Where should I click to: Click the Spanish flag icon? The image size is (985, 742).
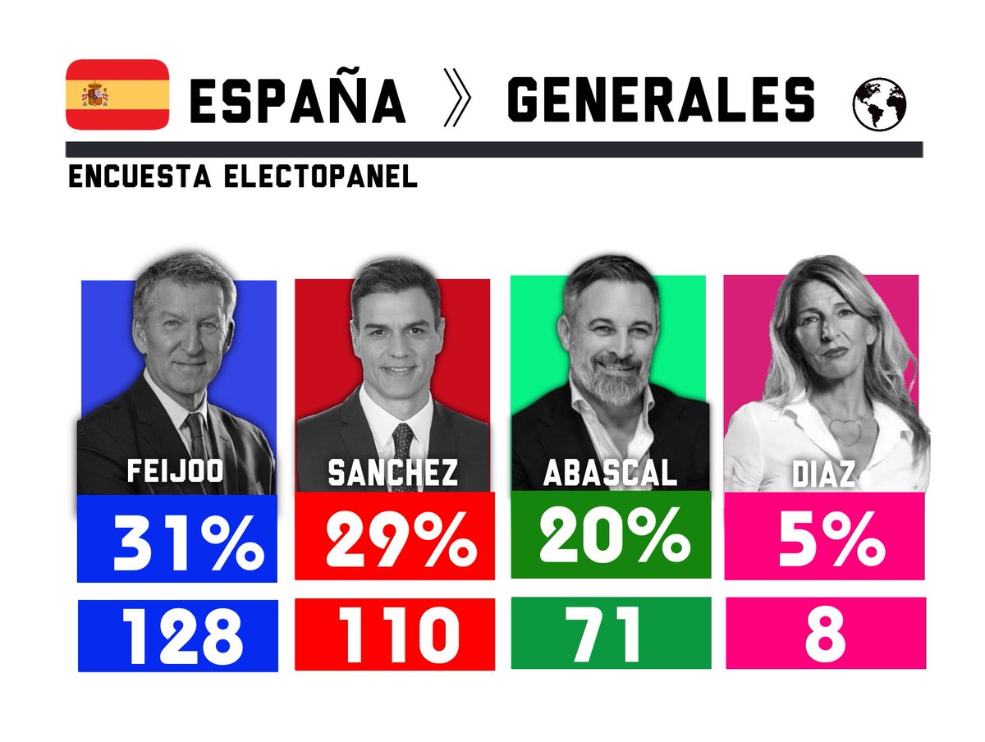[x=117, y=94]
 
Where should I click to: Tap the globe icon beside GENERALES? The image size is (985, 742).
[x=879, y=105]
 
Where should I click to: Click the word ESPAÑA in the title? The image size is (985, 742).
[x=297, y=103]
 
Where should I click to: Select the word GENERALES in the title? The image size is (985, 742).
[x=662, y=103]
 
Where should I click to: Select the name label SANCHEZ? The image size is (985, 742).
[x=393, y=473]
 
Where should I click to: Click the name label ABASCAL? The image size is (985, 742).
[x=610, y=473]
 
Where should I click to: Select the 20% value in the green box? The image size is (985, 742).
[x=613, y=539]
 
